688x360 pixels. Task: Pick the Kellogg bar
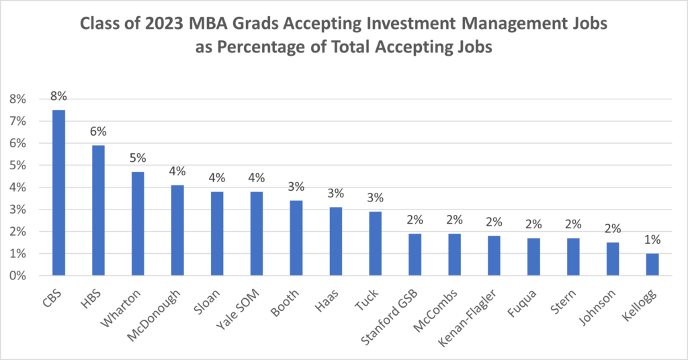click(652, 265)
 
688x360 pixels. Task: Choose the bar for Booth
click(296, 238)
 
